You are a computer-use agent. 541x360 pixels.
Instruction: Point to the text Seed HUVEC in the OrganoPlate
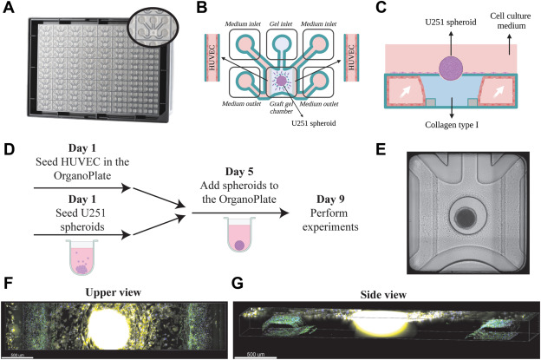tap(81, 174)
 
